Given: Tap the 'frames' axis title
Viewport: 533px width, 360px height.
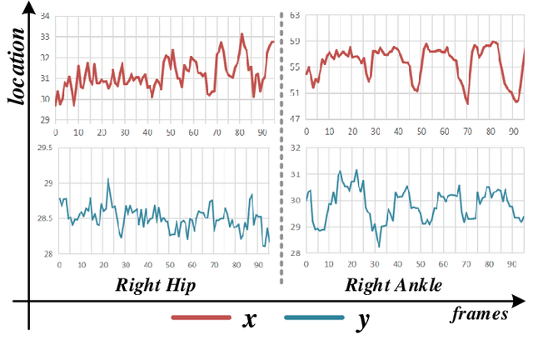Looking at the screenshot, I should pyautogui.click(x=481, y=314).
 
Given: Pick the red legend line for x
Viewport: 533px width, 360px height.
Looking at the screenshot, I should pyautogui.click(x=200, y=317).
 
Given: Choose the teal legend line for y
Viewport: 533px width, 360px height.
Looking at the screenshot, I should pyautogui.click(x=314, y=317).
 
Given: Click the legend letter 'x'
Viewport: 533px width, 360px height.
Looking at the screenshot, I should pyautogui.click(x=249, y=318).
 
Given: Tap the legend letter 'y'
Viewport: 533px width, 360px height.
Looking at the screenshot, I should pyautogui.click(x=362, y=320).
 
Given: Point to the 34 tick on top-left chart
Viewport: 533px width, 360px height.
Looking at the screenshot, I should pyautogui.click(x=45, y=17).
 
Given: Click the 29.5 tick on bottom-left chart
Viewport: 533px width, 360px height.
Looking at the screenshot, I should pyautogui.click(x=42, y=147).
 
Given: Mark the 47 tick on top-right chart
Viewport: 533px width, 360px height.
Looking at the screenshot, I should pyautogui.click(x=294, y=119).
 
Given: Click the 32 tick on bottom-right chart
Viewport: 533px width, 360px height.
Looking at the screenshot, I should pyautogui.click(x=293, y=147).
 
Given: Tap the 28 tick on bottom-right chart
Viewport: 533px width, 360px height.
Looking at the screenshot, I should pyautogui.click(x=293, y=254).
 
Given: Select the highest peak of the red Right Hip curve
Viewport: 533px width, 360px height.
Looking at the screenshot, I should pyautogui.click(x=242, y=34).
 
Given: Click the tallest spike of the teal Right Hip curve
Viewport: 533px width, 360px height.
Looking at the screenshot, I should pyautogui.click(x=108, y=179).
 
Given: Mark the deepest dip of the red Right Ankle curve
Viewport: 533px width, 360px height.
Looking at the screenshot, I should pyautogui.click(x=467, y=103).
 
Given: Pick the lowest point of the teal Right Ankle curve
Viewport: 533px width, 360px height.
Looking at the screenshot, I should pyautogui.click(x=378, y=247).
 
